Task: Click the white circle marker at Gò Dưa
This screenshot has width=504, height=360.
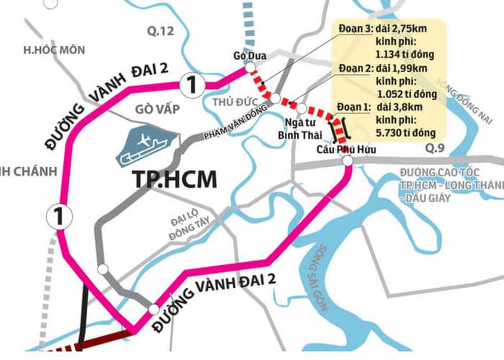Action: coord(250,67)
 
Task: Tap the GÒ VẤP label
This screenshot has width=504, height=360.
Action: coord(157,109)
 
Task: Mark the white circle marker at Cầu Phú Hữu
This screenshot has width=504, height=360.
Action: coord(347,161)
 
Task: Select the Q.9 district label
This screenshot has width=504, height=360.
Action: coord(434,148)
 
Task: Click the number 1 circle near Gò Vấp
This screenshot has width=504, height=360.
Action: coord(192,85)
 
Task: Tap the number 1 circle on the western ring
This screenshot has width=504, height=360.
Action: coord(59,217)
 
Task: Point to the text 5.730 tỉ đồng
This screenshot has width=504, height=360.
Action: coord(405,133)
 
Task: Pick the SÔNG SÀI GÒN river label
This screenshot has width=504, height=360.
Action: coord(323,277)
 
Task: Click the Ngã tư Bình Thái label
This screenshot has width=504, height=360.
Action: coord(303,129)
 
